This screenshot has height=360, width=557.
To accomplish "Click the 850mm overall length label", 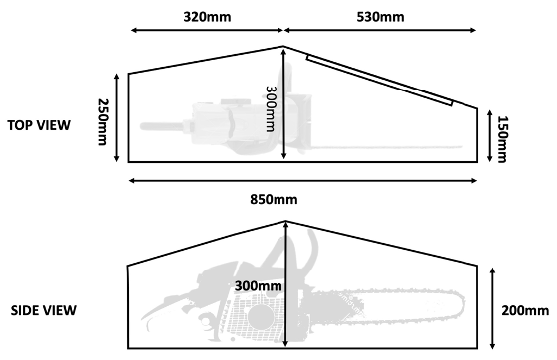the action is coord(273,200).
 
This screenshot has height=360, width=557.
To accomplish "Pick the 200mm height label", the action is coord(525,310).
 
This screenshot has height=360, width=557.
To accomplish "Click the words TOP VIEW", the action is coord(39,126).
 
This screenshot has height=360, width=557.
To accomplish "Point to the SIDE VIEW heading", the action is coord(43,310).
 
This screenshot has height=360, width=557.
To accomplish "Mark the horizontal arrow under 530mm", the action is coord(382,33).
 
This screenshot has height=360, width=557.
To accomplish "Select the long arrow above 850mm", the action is coord(303,180).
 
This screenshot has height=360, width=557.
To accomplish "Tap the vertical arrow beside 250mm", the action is coord(119,117).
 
